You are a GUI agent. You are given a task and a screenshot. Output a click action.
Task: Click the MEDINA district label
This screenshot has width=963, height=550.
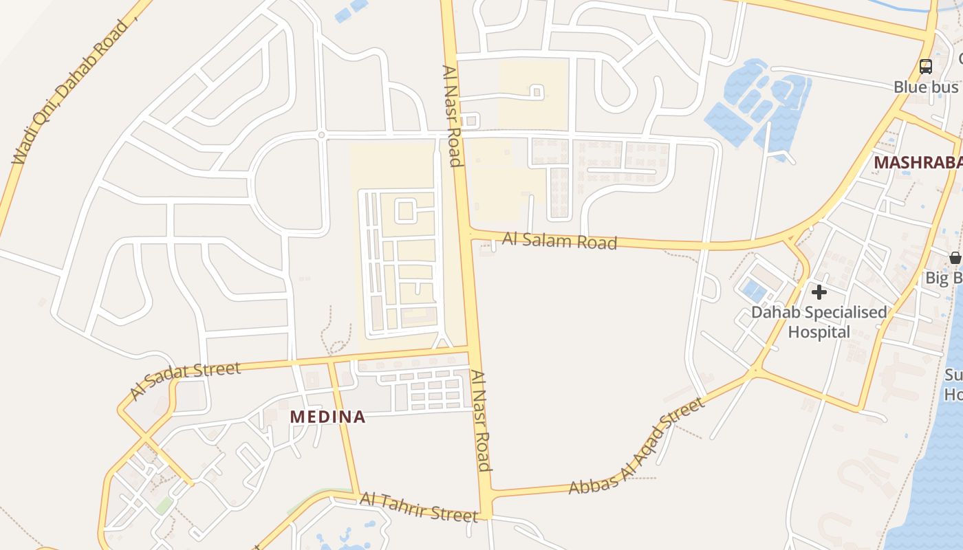click(327, 417)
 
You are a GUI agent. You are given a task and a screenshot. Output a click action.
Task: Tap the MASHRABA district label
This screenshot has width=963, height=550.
click(918, 163)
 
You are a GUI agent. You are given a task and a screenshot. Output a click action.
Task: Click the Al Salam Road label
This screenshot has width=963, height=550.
click(559, 241)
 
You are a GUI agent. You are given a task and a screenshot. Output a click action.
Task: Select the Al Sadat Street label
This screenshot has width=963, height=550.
click(186, 379)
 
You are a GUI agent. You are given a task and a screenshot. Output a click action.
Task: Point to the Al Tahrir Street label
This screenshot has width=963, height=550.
click(418, 508)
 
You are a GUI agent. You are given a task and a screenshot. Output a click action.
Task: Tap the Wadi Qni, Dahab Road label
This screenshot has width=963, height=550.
click(70, 91)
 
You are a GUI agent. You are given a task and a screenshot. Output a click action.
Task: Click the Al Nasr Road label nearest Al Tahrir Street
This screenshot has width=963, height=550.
click(481, 421)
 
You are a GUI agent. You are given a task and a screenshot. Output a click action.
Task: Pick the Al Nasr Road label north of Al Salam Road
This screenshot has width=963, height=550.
click(451, 115)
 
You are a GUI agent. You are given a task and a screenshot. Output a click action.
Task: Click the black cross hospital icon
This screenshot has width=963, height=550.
click(819, 292)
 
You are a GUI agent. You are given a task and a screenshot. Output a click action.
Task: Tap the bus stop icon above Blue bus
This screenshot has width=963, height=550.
click(926, 67)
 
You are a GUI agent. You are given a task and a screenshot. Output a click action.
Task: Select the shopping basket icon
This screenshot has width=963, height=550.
click(955, 258)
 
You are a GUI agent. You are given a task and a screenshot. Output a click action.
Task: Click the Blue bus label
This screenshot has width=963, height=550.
click(926, 87)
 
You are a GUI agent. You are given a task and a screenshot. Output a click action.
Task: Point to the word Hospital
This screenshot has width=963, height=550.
click(819, 332)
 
